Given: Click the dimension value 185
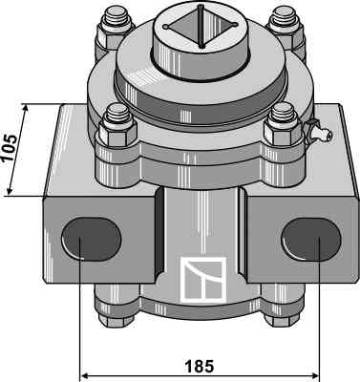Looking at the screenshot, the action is (x=200, y=367).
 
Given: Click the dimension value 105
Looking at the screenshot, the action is (x=10, y=148).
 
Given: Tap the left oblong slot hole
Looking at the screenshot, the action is (x=91, y=239).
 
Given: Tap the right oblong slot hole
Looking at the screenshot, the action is (x=311, y=240).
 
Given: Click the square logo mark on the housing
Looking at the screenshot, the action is (x=203, y=279).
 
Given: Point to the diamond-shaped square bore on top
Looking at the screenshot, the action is (x=200, y=27).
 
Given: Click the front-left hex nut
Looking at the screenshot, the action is (x=118, y=134).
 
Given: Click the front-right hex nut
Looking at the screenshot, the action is (x=283, y=133).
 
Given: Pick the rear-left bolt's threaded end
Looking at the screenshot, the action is (x=116, y=15).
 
